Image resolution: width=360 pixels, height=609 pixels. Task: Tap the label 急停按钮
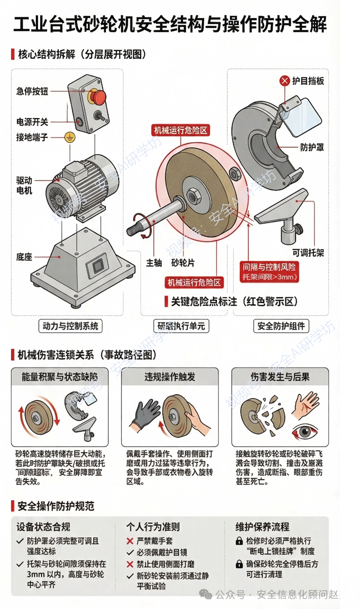click(32, 91)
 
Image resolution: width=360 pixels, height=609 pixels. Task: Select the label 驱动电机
click(24, 185)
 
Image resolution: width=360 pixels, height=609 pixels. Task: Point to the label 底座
click(24, 256)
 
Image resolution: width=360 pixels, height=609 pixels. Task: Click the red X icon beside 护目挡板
click(284, 81)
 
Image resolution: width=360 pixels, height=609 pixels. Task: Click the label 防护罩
click(311, 146)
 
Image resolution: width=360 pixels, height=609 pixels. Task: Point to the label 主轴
click(154, 263)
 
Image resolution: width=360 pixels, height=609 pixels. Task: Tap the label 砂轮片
click(183, 263)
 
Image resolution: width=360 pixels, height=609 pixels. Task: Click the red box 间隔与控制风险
click(270, 271)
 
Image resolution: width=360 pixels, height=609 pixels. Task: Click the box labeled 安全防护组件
click(281, 325)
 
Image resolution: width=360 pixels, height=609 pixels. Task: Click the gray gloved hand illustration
click(144, 417)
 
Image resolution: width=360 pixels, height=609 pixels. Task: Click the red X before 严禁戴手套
click(130, 541)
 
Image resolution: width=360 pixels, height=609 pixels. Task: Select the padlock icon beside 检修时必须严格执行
click(239, 541)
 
